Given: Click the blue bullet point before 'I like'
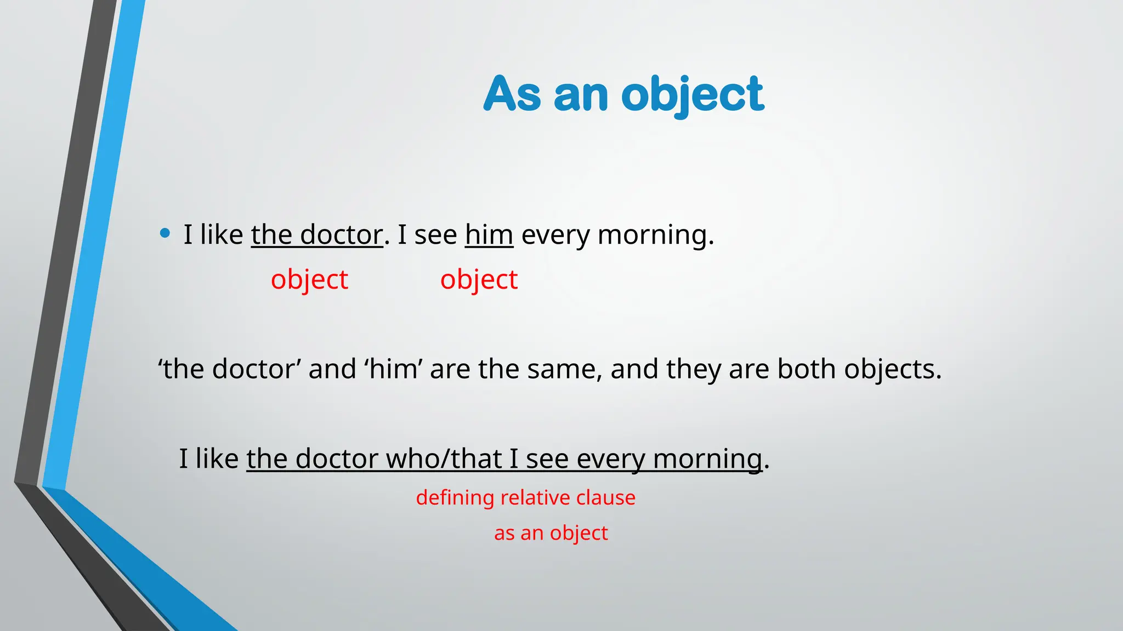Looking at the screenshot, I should [x=165, y=234].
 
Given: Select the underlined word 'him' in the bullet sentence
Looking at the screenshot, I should [x=489, y=235].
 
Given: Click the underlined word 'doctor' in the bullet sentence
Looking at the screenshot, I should [x=341, y=235].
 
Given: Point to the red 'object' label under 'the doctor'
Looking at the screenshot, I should [x=309, y=280].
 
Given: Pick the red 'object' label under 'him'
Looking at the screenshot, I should [x=479, y=280].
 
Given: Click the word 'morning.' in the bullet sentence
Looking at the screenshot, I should [x=656, y=235].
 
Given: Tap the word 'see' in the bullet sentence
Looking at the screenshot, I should [x=435, y=235].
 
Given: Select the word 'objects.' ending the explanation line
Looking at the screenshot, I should [x=893, y=369].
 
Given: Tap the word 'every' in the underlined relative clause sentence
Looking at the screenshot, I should [x=610, y=459].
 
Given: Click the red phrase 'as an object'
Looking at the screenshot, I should [x=551, y=533].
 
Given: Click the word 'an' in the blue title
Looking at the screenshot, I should [x=581, y=95].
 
